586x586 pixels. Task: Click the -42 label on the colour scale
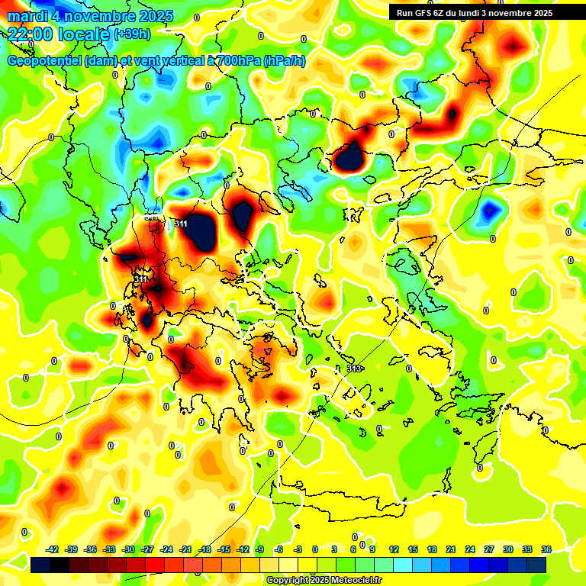53,549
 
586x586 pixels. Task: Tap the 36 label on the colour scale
546,549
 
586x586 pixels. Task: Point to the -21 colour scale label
185,549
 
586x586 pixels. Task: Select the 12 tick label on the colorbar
394,549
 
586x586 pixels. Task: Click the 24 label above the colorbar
469,549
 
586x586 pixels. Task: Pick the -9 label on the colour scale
259,549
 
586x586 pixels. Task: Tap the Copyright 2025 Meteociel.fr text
324,580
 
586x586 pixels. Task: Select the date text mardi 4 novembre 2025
90,16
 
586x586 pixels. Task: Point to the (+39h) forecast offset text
132,34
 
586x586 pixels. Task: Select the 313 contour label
354,369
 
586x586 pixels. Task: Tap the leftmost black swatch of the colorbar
40,565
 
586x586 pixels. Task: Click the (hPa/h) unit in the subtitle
285,61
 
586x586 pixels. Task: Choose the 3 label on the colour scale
334,549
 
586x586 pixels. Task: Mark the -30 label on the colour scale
128,549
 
